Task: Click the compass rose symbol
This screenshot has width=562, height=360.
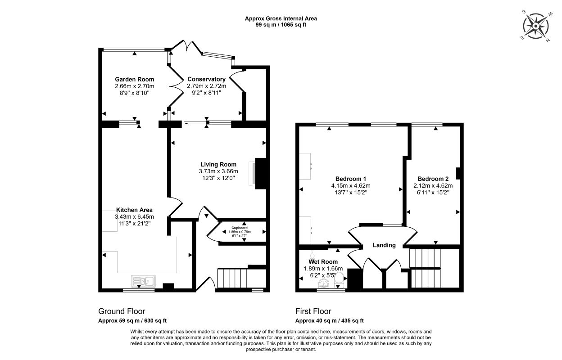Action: point(535,26)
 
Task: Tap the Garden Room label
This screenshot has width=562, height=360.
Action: point(135,79)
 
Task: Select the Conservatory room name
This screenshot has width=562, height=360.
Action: point(207,79)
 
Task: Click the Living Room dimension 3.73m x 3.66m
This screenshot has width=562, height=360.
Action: point(218,171)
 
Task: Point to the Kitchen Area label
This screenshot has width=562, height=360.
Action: point(134,210)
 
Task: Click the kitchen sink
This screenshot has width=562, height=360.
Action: point(143,281)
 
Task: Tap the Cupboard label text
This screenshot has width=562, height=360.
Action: point(240,228)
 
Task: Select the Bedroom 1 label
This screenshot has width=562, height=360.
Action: point(350,179)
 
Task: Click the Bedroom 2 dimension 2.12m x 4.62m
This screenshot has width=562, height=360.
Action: point(433,186)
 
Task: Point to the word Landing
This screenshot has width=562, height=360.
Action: point(384,245)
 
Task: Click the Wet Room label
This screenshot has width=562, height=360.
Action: point(323,262)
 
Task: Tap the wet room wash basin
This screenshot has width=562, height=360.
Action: point(324,284)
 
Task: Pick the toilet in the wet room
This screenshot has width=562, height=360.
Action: point(339,279)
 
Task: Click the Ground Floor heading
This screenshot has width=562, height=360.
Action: point(122,311)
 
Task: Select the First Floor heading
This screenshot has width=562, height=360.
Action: point(313,311)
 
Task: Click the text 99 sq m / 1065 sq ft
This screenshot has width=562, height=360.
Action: point(281,25)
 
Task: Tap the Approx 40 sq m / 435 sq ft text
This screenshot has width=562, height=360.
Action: point(330,320)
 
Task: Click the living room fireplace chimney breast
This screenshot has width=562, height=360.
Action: point(261,174)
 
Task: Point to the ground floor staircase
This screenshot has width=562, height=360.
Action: point(232,278)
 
